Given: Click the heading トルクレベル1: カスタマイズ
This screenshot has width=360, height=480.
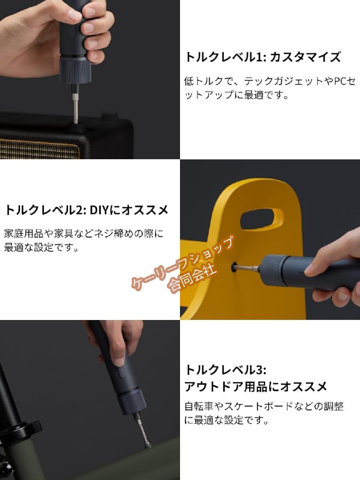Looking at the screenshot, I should (262, 57).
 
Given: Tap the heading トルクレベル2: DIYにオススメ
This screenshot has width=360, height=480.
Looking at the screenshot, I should (86, 210).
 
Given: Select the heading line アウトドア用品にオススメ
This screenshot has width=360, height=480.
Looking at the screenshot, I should (256, 386).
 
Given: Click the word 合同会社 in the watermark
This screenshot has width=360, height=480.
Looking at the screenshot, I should (193, 279).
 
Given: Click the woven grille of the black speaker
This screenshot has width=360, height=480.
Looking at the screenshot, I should (40, 149).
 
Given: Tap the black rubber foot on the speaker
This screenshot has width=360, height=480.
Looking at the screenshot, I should (76, 128).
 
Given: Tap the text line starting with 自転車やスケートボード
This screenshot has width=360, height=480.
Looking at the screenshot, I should (264, 406).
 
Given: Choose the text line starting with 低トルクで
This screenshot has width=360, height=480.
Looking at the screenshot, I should (270, 82).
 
